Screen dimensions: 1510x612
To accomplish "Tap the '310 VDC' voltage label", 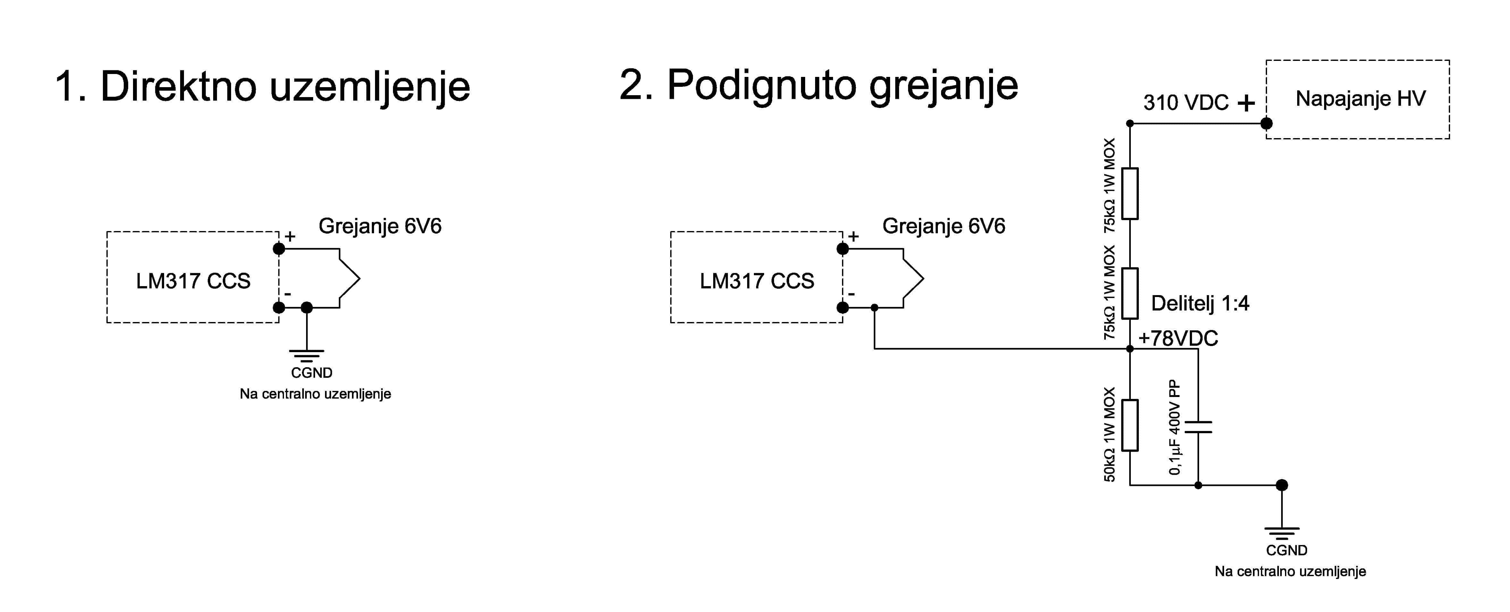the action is point(1186,103).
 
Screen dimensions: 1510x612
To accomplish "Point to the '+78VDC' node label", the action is point(1178,338).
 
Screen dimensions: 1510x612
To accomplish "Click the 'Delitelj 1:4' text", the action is point(1200,303).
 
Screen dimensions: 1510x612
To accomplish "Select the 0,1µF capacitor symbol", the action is point(1198,427).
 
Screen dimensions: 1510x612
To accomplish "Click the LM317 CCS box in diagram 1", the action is point(193,277).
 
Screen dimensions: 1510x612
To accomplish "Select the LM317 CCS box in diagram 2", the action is point(757,277).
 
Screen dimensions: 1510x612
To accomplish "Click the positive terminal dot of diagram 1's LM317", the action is point(279,249).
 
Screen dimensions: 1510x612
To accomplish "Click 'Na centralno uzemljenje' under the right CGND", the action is point(1290,572).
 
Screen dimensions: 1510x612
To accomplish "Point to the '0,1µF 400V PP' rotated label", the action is point(1175,427).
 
